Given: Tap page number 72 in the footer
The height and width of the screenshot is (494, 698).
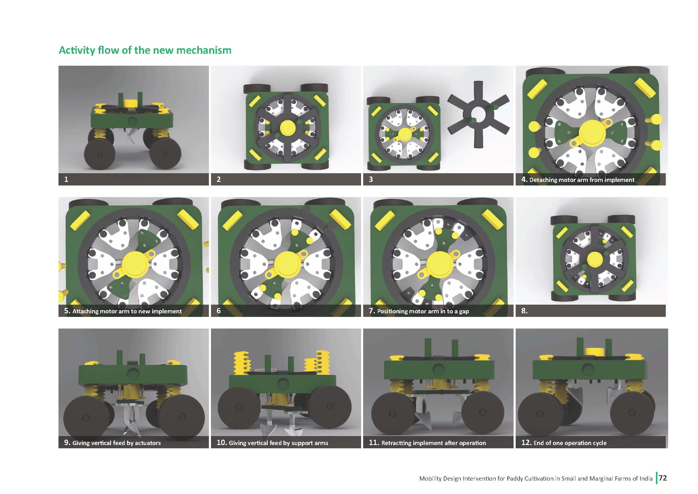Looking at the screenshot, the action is [663, 478].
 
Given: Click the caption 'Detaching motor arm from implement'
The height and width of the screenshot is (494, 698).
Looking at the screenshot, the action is [582, 180].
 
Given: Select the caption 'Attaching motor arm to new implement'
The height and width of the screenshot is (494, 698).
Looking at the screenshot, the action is [127, 311].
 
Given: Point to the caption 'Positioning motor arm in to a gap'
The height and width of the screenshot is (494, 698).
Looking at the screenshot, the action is [423, 311].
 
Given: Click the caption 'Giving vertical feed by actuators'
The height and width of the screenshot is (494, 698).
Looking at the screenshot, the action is [116, 443].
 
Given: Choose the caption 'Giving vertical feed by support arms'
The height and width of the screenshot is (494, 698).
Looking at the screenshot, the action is [278, 443].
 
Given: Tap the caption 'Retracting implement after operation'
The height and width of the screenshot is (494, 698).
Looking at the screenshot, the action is [434, 443].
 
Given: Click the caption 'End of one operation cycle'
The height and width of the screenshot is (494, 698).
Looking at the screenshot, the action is [570, 443].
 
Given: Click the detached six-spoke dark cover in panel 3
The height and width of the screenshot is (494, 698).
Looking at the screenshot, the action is [478, 114].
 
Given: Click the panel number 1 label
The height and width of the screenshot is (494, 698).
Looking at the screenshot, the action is [66, 180].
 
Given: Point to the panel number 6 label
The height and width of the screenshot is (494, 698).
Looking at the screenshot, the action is [218, 311].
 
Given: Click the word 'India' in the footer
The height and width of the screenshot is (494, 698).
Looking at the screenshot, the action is [646, 478].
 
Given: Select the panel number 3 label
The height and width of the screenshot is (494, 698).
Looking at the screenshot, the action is [371, 180].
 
